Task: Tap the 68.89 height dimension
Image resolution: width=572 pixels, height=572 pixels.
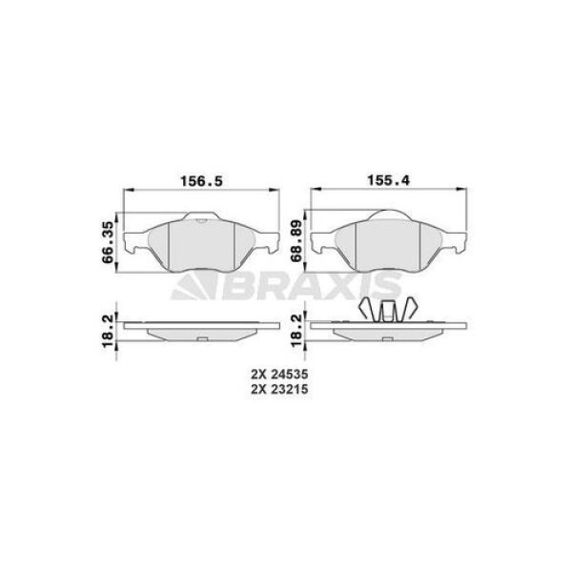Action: click(x=296, y=241)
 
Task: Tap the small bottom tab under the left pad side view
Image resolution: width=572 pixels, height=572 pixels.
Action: click(x=201, y=340)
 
